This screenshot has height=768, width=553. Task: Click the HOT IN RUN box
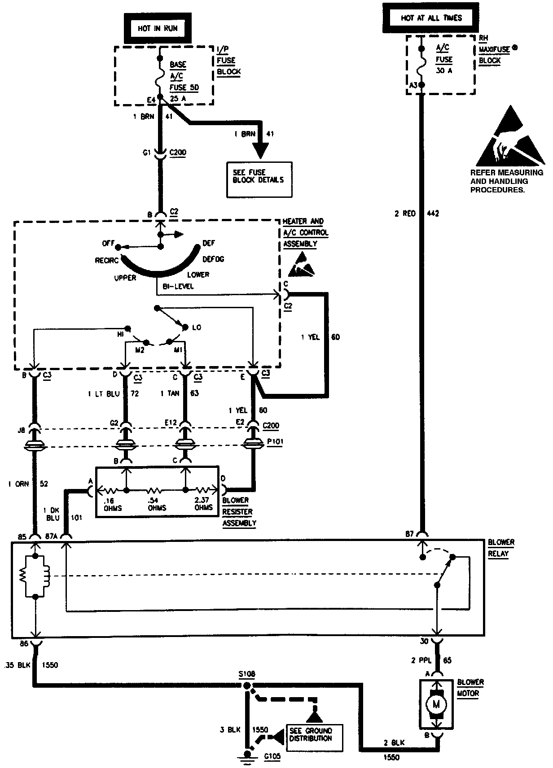tap(158, 28)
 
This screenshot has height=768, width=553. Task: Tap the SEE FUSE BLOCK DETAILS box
tap(259, 179)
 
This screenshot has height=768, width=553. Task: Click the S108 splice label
tap(247, 675)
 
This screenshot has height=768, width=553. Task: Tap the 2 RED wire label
tap(405, 214)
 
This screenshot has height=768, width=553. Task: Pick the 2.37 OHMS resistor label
tap(203, 503)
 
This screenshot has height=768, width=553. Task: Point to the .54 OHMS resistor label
tap(157, 503)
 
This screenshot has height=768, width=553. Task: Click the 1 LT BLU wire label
tap(104, 393)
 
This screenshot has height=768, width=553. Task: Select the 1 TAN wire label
tap(170, 393)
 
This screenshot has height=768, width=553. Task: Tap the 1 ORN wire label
tap(18, 484)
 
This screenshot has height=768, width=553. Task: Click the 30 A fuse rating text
tap(443, 70)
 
